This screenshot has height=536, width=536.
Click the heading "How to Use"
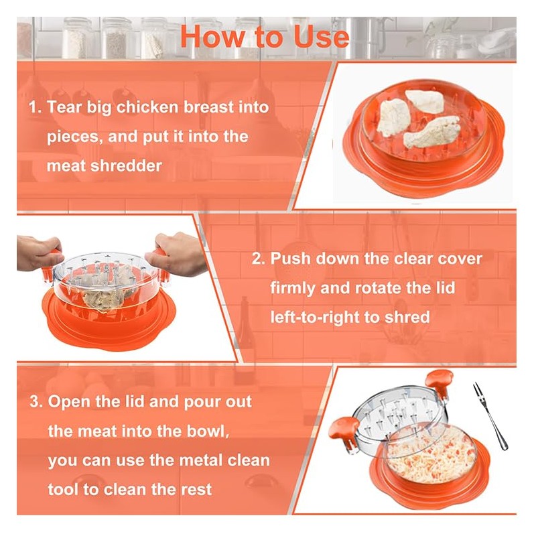tap(265, 36)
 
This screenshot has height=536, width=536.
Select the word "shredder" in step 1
tap(126, 165)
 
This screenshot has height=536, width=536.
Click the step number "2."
tap(259, 259)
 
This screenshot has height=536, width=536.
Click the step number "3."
tap(36, 401)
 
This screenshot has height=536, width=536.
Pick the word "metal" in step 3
tap(200, 460)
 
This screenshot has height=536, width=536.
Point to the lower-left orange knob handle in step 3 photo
tap(344, 429)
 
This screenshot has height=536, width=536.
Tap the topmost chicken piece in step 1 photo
tap(424, 101)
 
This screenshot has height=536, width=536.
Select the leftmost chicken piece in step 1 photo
tap(394, 117)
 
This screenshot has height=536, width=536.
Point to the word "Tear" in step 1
tap(64, 107)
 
